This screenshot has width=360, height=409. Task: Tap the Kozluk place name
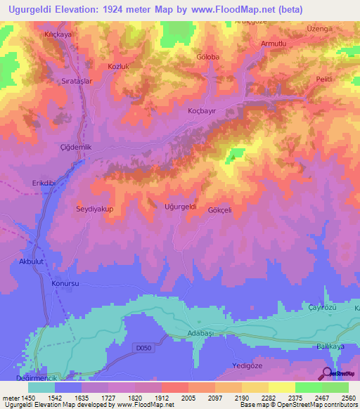coord(99,66)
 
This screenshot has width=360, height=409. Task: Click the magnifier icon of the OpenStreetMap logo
coord(327,373)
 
